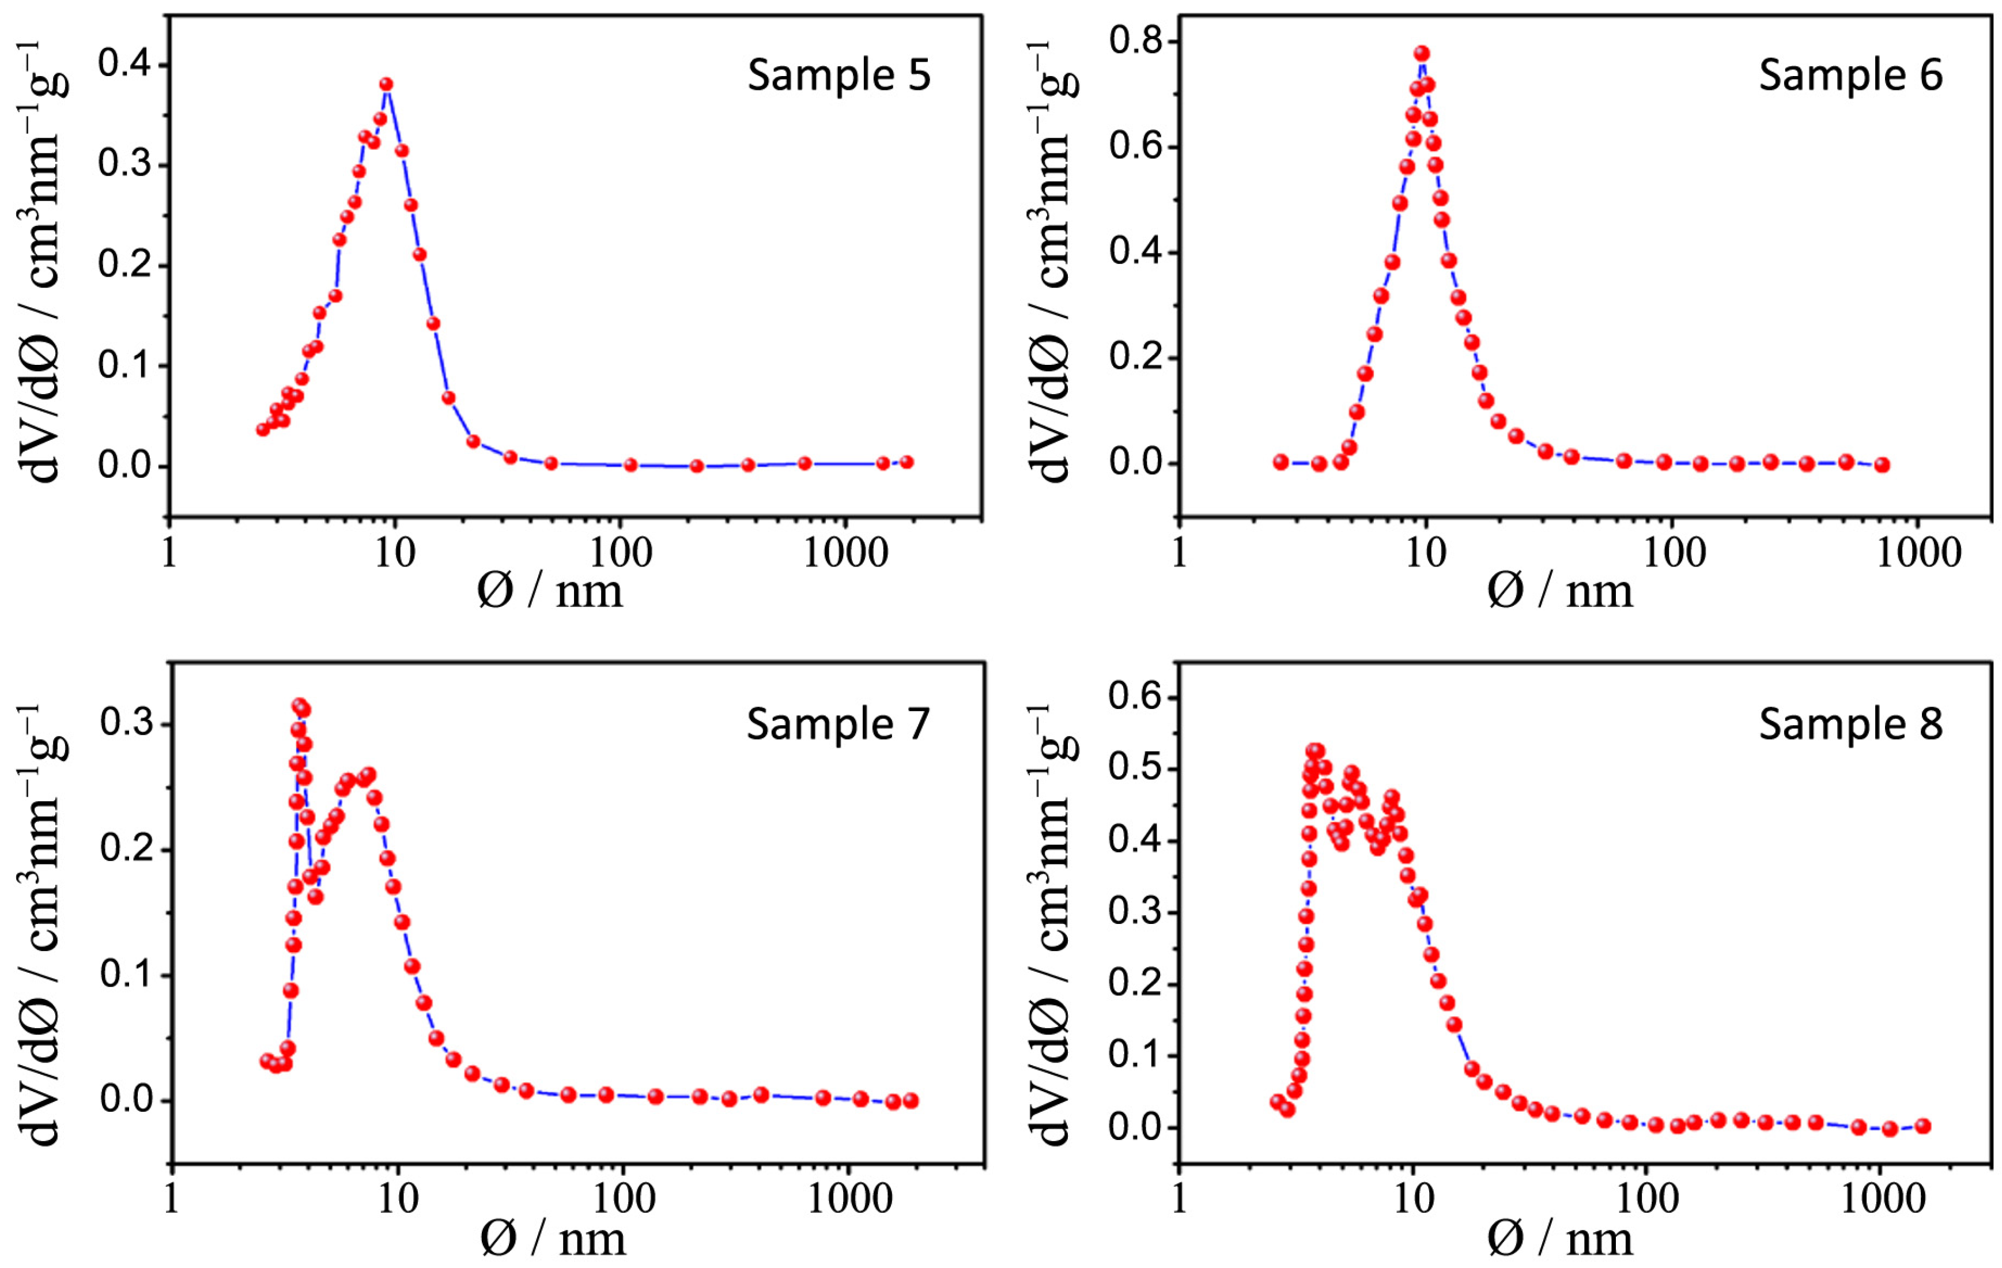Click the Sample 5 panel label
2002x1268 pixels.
pyautogui.click(x=839, y=76)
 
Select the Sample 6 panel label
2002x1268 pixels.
pyautogui.click(x=1850, y=76)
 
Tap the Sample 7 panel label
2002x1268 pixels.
pyautogui.click(x=838, y=724)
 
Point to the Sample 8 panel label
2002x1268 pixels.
pyautogui.click(x=1850, y=724)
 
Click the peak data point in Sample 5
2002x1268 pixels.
pyautogui.click(x=386, y=85)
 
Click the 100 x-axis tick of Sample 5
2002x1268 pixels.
pyautogui.click(x=620, y=553)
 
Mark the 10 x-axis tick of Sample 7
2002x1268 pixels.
pyautogui.click(x=398, y=1200)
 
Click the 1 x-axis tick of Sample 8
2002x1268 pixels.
pyautogui.click(x=1179, y=1200)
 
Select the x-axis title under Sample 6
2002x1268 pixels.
pyautogui.click(x=1559, y=592)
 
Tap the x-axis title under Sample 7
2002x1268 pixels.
pyautogui.click(x=552, y=1240)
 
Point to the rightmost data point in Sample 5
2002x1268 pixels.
pyautogui.click(x=906, y=462)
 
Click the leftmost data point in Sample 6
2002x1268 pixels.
pyautogui.click(x=1280, y=462)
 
